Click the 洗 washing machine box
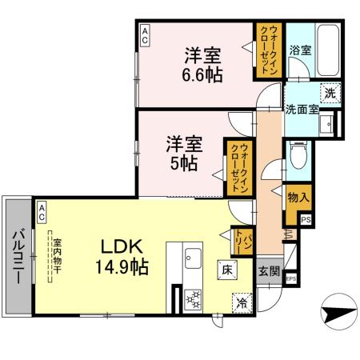click(330, 93)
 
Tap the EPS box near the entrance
click(291, 278)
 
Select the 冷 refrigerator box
click(240, 302)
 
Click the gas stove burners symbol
click(193, 301)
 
